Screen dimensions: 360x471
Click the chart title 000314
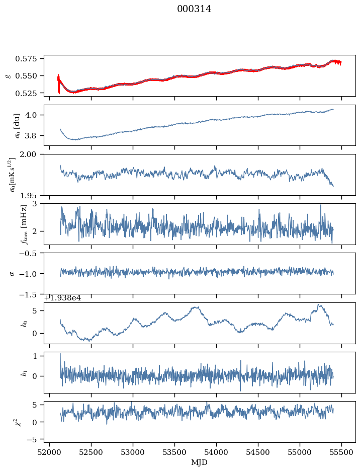click(x=194, y=9)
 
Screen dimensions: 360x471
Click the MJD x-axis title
click(x=199, y=462)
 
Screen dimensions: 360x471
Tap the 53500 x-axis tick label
click(x=174, y=453)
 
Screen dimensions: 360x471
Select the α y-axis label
click(x=13, y=274)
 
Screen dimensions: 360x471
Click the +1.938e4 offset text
click(x=63, y=298)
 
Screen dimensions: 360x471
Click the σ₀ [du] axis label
click(x=17, y=125)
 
